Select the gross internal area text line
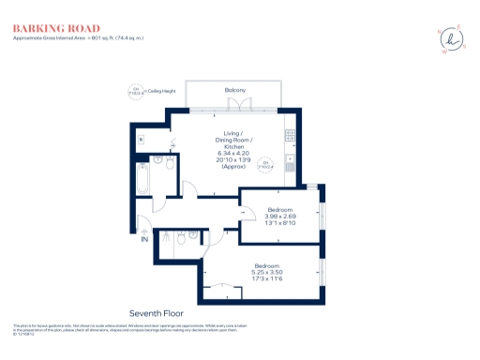(77, 38)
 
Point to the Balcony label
(235, 90)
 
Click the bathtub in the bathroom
(142, 178)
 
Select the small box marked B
(141, 140)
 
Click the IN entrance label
(144, 240)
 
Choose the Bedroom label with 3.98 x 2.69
(280, 209)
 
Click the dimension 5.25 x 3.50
(267, 273)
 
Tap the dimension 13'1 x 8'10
(280, 223)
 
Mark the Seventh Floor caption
(156, 311)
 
